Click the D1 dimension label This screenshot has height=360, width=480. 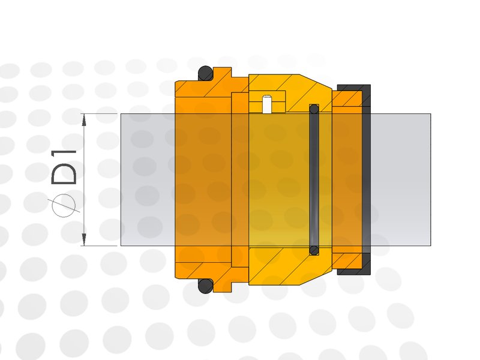[64, 167]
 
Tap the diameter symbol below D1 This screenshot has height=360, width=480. [64, 205]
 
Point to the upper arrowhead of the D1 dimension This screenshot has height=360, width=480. [84, 119]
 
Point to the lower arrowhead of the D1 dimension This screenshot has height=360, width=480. [84, 239]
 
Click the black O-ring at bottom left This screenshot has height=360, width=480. [205, 286]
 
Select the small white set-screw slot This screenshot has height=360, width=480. [267, 104]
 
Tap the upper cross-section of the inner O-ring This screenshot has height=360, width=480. [314, 109]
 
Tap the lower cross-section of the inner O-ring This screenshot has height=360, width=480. [314, 250]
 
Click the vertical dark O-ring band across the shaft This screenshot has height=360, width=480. [314, 179]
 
